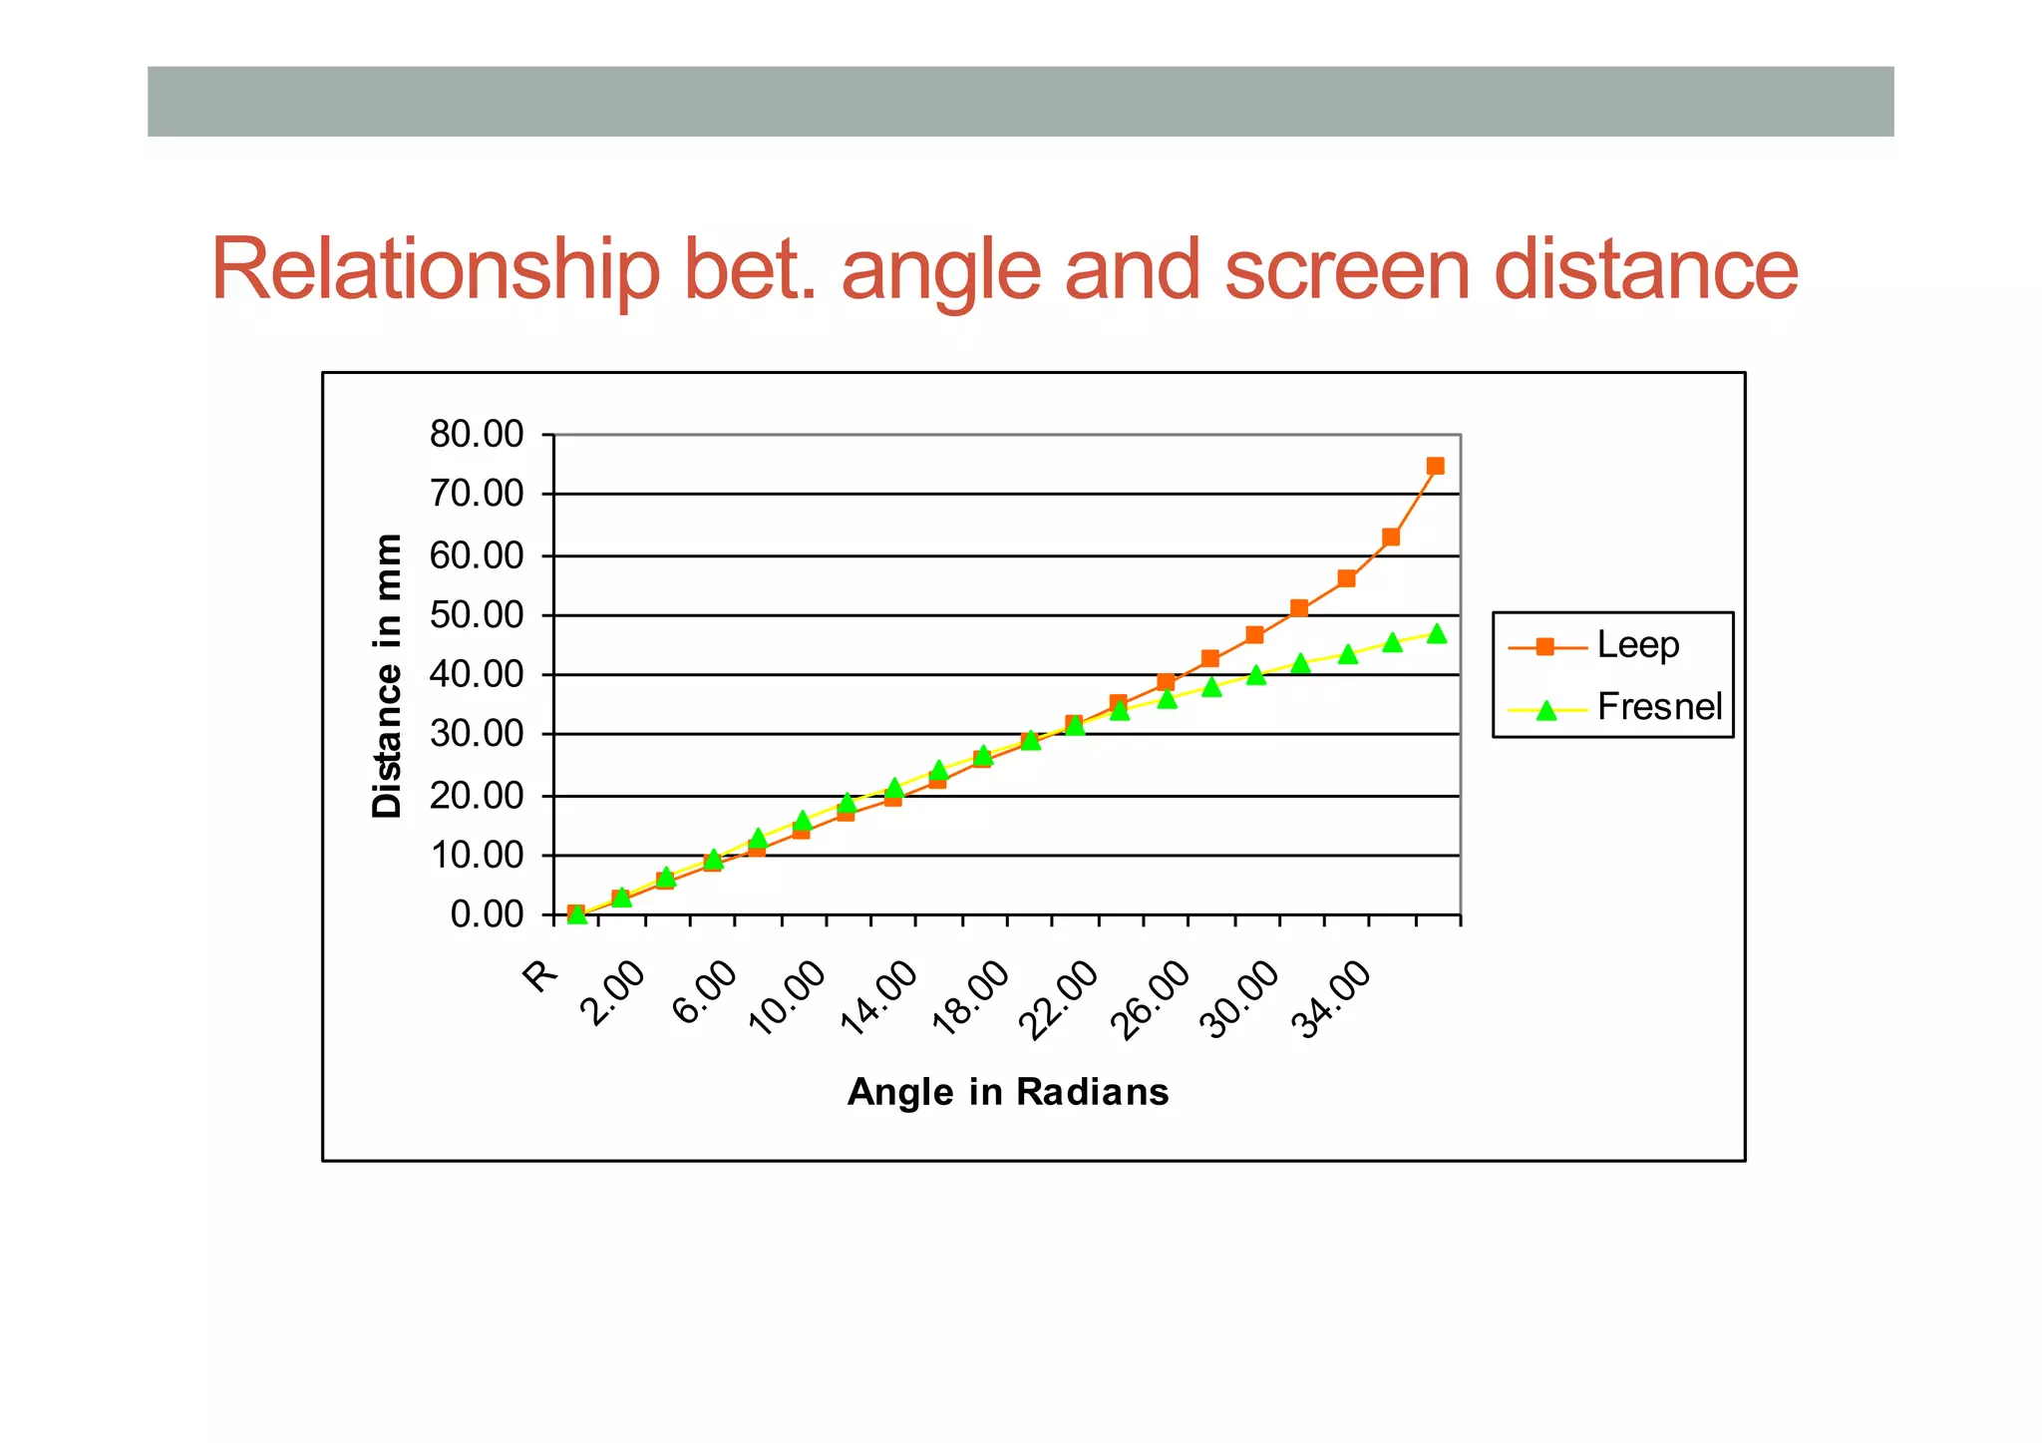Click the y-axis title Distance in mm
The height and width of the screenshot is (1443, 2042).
click(387, 676)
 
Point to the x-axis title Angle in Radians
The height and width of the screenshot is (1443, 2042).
click(1007, 1092)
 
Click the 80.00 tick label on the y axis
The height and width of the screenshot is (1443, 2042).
click(477, 435)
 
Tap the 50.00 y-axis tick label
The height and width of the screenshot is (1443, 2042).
click(477, 615)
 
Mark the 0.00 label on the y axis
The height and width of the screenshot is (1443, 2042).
click(487, 914)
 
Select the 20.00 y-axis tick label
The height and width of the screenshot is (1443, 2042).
click(477, 796)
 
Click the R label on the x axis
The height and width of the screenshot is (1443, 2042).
click(541, 975)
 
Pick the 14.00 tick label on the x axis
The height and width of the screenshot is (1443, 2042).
click(879, 998)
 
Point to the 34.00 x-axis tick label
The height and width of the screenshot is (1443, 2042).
click(1333, 998)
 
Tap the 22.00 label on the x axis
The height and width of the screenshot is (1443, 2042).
click(1061, 998)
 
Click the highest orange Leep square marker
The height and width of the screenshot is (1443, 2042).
click(1435, 466)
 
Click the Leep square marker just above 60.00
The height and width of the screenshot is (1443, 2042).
click(1391, 538)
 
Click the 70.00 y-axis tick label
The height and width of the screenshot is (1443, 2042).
click(477, 494)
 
